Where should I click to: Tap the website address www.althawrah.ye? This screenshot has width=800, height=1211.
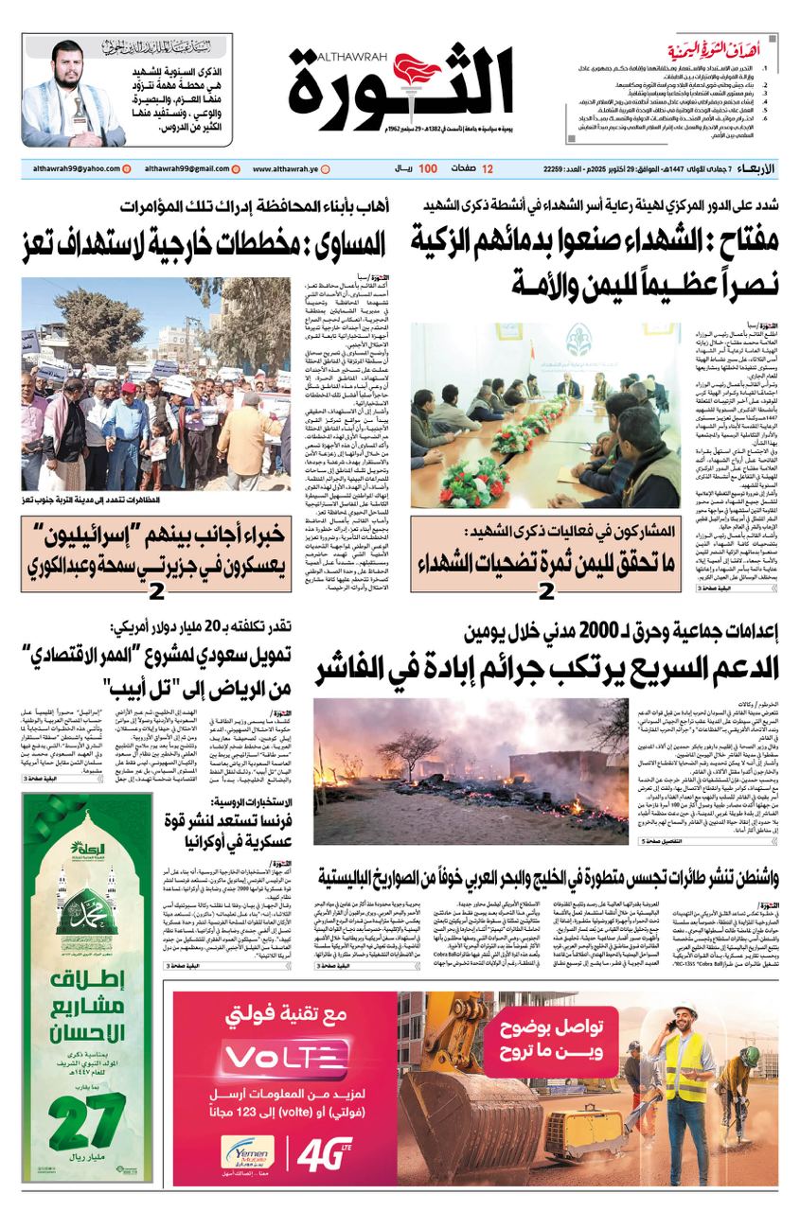point(285,168)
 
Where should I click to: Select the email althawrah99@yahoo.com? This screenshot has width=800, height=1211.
point(70,168)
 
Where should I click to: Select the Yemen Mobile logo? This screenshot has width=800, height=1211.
point(246,1154)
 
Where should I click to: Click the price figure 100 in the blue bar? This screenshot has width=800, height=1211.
point(428,168)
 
